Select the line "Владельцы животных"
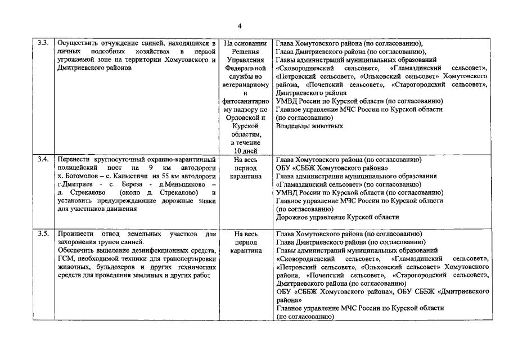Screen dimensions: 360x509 point(309,126)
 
